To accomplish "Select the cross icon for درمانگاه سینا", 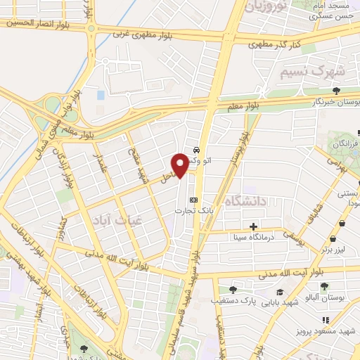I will (253, 226).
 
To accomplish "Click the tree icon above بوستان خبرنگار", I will (337, 91).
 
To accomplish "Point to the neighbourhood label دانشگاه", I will (247, 201).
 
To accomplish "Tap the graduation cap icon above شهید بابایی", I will (280, 292).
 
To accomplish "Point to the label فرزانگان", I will (346, 143).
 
